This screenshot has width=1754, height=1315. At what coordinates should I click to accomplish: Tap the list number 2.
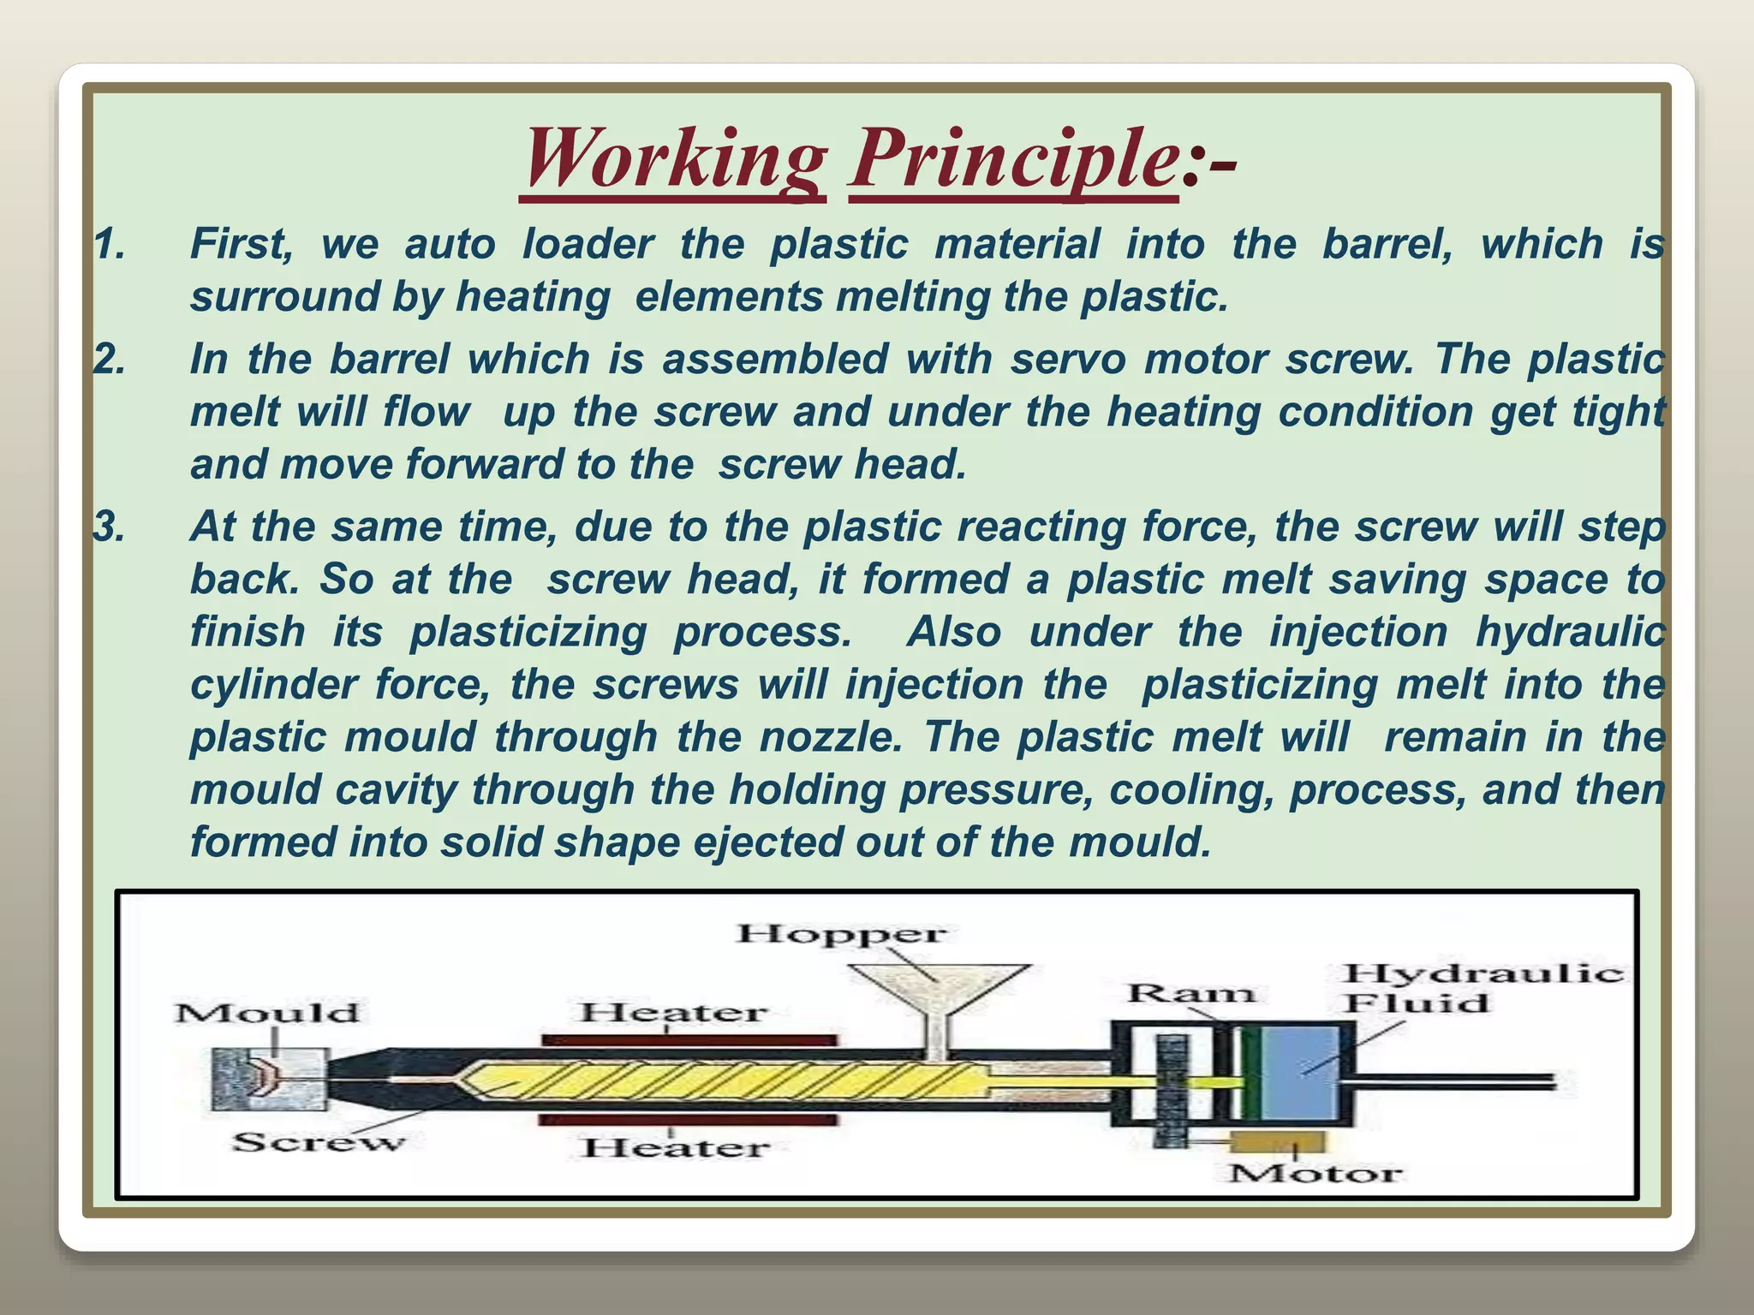pyautogui.click(x=110, y=359)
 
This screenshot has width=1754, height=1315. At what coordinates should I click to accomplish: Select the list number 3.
pyautogui.click(x=110, y=527)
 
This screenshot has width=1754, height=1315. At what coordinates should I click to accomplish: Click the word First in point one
pyautogui.click(x=242, y=244)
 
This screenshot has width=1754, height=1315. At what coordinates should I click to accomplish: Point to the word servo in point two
pyautogui.click(x=1067, y=359)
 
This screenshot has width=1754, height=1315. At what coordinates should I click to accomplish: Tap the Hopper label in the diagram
pyautogui.click(x=842, y=933)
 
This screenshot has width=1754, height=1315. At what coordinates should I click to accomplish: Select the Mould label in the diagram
pyautogui.click(x=267, y=1013)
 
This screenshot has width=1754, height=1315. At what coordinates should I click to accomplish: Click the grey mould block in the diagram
pyautogui.click(x=267, y=1080)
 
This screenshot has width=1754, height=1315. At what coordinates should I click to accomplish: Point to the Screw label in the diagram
pyautogui.click(x=317, y=1142)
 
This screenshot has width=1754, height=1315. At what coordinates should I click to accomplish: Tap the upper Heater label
pyautogui.click(x=673, y=1013)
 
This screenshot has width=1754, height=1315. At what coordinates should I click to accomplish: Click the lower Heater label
pyautogui.click(x=677, y=1147)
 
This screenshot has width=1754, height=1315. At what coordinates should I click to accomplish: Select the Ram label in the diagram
pyautogui.click(x=1190, y=993)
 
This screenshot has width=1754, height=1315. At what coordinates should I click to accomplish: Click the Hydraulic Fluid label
pyautogui.click(x=1482, y=988)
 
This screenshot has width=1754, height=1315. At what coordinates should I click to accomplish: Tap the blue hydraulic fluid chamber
pyautogui.click(x=1299, y=1072)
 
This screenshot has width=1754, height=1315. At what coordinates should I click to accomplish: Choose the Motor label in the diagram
pyautogui.click(x=1315, y=1173)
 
